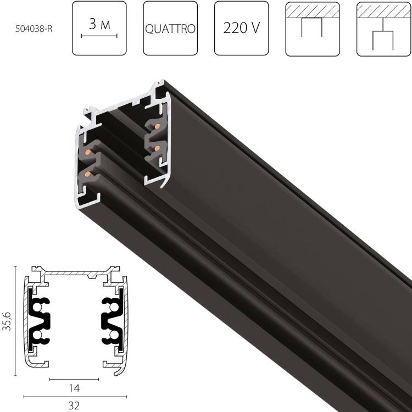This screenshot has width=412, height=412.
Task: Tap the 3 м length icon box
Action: coord(99,29)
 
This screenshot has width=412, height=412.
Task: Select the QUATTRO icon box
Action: coord(170,29)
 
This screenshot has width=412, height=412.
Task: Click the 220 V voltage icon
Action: coord(241,29)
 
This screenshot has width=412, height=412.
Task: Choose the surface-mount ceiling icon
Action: coord(312,29)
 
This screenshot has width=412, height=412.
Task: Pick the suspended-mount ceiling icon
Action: coord(383,29)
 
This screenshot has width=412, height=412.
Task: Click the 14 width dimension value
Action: coord(75,388)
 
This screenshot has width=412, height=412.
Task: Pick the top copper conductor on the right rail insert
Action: coord(157,128)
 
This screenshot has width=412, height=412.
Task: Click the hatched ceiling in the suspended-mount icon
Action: coord(383,10)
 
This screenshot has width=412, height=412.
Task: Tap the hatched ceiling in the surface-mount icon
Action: coord(312,10)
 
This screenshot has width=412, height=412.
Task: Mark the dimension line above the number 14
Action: coord(75,379)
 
